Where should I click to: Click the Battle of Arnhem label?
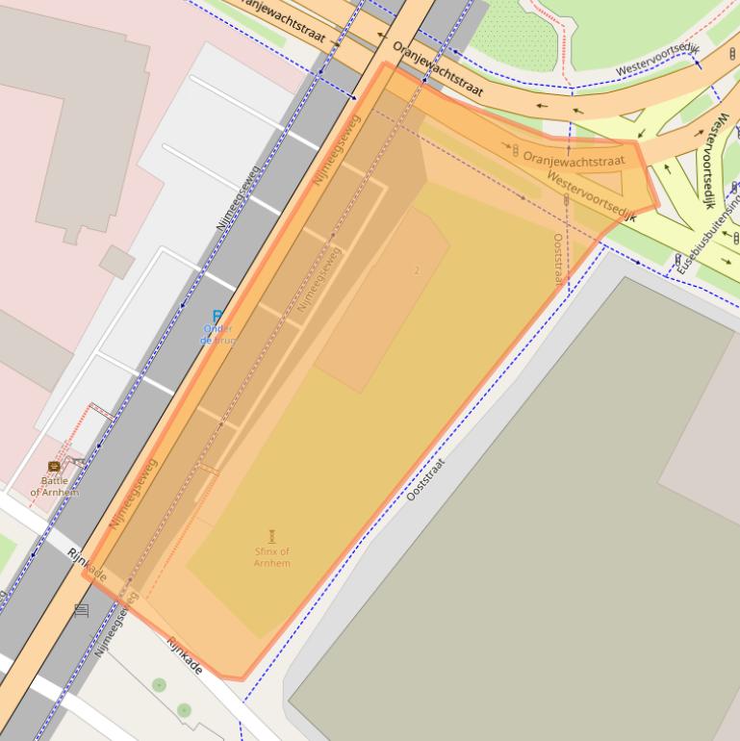[x=55, y=486]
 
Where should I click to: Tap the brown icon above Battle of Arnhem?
[x=54, y=467]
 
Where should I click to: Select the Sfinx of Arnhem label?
[x=272, y=556]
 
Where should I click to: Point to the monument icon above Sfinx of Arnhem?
[x=272, y=536]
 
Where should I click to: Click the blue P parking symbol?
[x=217, y=317]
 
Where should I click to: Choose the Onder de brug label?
[x=217, y=334]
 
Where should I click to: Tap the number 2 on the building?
[x=417, y=270]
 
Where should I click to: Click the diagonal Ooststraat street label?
[x=426, y=479]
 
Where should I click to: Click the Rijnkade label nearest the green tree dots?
[x=184, y=656]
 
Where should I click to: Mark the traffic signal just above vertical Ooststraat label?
[x=566, y=200]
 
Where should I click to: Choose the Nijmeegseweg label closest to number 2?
[x=319, y=279]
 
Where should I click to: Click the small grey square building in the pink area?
[x=116, y=262]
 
